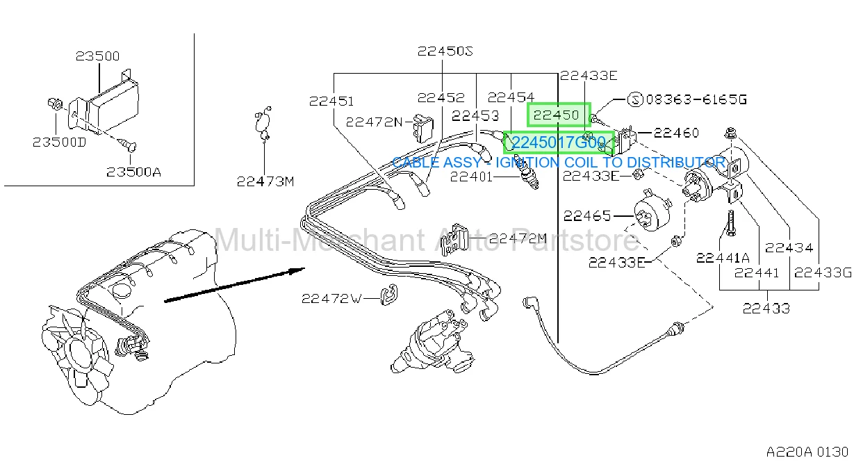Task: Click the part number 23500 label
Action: click(97, 56)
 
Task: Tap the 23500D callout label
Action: click(60, 142)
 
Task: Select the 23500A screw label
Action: click(134, 172)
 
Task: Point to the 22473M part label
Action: click(265, 181)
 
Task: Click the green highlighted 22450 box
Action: click(559, 115)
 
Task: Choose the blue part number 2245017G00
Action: click(558, 142)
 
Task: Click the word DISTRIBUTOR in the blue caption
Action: click(676, 163)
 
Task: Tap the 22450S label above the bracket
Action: click(445, 51)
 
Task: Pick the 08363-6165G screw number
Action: click(696, 99)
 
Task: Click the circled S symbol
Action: click(635, 100)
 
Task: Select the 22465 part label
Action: click(587, 216)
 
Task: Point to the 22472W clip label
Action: click(331, 299)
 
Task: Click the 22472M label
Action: click(518, 239)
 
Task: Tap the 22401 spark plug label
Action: click(472, 177)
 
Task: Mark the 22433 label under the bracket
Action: click(766, 309)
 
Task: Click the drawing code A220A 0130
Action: click(807, 452)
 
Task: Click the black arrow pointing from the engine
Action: click(234, 285)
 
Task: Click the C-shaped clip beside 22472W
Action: click(389, 295)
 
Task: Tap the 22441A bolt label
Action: click(723, 259)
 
